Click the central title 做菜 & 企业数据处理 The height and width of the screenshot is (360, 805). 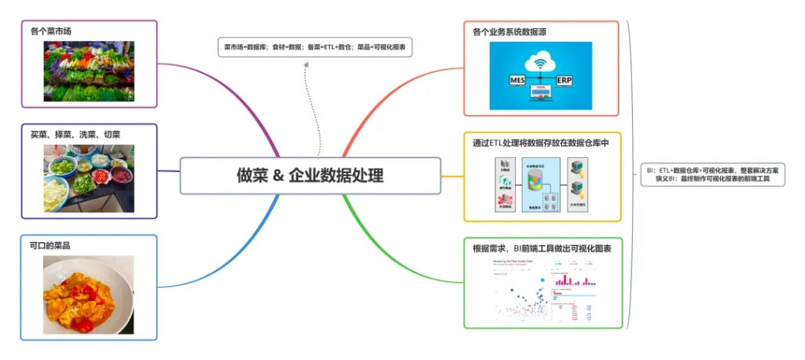(x=311, y=175)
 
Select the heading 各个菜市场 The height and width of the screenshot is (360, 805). (x=52, y=31)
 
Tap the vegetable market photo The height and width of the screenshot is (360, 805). (x=89, y=71)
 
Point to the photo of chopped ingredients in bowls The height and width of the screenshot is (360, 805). (x=88, y=177)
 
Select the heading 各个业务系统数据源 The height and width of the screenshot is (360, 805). (x=509, y=32)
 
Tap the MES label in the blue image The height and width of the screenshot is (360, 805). (x=516, y=80)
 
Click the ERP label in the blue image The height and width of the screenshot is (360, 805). (x=564, y=80)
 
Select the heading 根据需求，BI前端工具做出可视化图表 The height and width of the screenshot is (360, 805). (x=542, y=248)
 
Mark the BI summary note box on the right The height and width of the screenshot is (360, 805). (x=712, y=174)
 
